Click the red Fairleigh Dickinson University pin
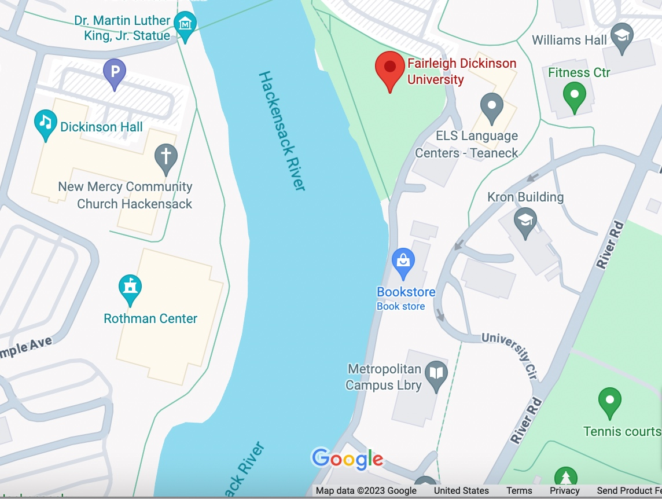(390, 68)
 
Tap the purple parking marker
(115, 72)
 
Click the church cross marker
(166, 157)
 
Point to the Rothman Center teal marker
(130, 288)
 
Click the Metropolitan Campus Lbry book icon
(436, 374)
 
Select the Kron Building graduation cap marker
(525, 221)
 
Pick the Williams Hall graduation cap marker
(622, 36)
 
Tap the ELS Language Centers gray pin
(492, 107)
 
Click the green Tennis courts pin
(609, 401)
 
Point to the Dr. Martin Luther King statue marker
(185, 25)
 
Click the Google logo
(347, 459)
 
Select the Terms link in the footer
(519, 491)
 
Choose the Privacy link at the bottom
(564, 491)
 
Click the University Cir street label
(510, 353)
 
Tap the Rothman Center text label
(150, 318)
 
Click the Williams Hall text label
(569, 40)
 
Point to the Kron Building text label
(525, 197)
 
